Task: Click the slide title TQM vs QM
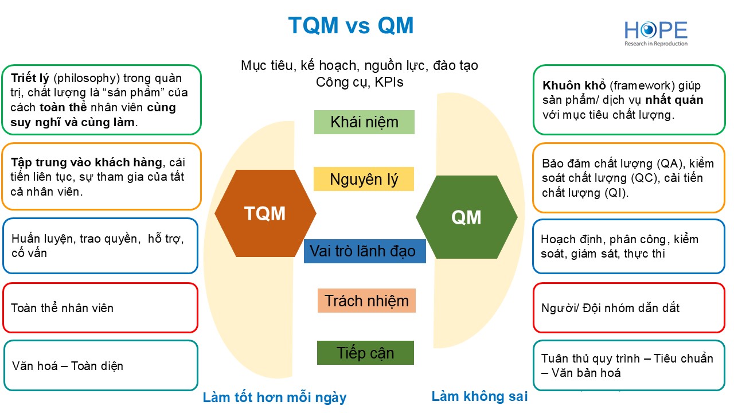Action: click(350, 25)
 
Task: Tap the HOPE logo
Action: click(655, 33)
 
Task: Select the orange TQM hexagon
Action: click(265, 213)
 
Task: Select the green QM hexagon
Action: click(466, 217)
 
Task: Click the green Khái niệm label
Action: click(364, 122)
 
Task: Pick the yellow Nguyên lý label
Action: click(364, 179)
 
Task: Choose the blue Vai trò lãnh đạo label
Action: click(365, 251)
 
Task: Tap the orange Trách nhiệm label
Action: click(366, 301)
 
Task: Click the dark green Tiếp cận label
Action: click(365, 353)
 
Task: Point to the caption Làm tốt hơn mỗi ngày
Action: click(275, 397)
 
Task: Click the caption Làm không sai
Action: click(479, 396)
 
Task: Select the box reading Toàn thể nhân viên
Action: click(100, 308)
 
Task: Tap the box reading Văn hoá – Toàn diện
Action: click(100, 365)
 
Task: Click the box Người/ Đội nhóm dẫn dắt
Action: click(628, 308)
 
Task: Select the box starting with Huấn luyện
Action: click(100, 246)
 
